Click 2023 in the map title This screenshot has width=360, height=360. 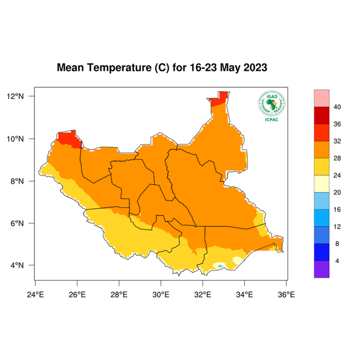click(252, 68)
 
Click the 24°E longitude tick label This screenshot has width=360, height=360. click(35, 294)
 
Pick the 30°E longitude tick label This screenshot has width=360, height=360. click(161, 294)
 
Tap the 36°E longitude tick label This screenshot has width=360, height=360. click(286, 294)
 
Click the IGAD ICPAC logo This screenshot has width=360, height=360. click(271, 106)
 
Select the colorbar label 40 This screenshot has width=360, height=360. click(337, 107)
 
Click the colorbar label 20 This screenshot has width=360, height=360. click(337, 193)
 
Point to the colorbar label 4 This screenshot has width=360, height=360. click(337, 260)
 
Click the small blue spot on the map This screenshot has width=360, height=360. click(220, 265)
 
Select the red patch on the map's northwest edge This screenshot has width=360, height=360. click(69, 140)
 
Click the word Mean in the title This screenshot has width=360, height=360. click(71, 68)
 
